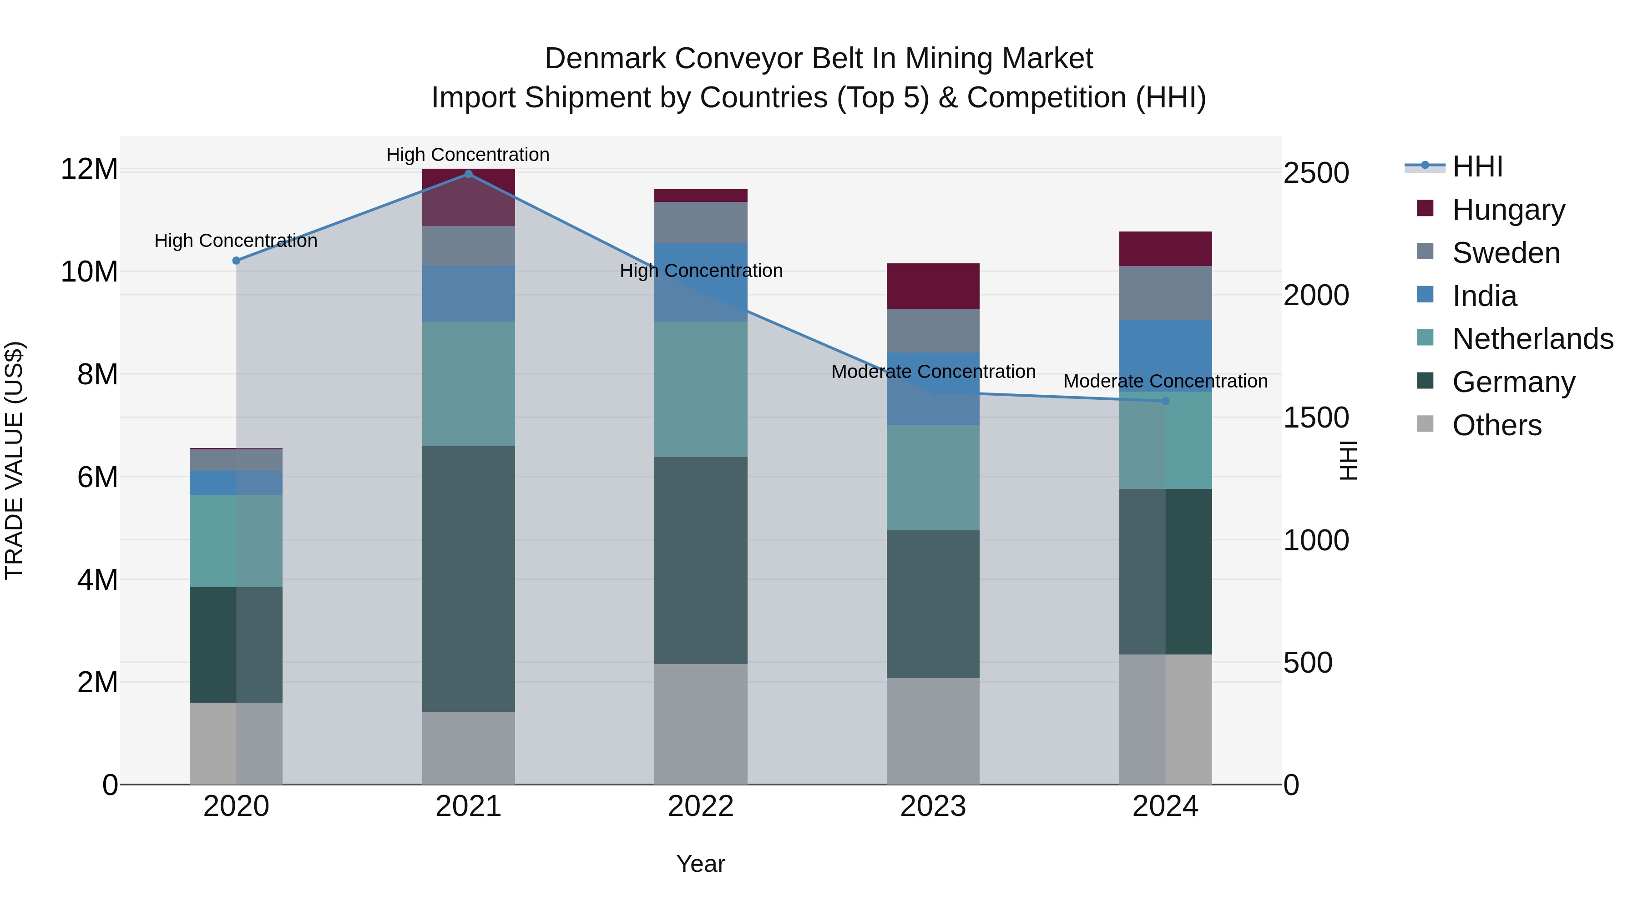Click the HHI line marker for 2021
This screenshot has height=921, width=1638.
coord(468,174)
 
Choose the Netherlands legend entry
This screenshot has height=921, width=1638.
coord(1532,339)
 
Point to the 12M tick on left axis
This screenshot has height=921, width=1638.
coord(89,170)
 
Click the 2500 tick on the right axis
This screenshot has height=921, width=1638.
coord(1315,173)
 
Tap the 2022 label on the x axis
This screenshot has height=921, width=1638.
coord(700,806)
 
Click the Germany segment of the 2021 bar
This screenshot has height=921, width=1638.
coord(468,579)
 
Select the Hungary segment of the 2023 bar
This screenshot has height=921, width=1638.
coord(933,286)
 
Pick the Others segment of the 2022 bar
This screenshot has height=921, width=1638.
coord(700,724)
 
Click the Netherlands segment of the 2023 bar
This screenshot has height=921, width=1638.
coord(933,478)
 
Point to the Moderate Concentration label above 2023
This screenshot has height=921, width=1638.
coord(933,372)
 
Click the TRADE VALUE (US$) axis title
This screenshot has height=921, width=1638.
coord(15,460)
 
